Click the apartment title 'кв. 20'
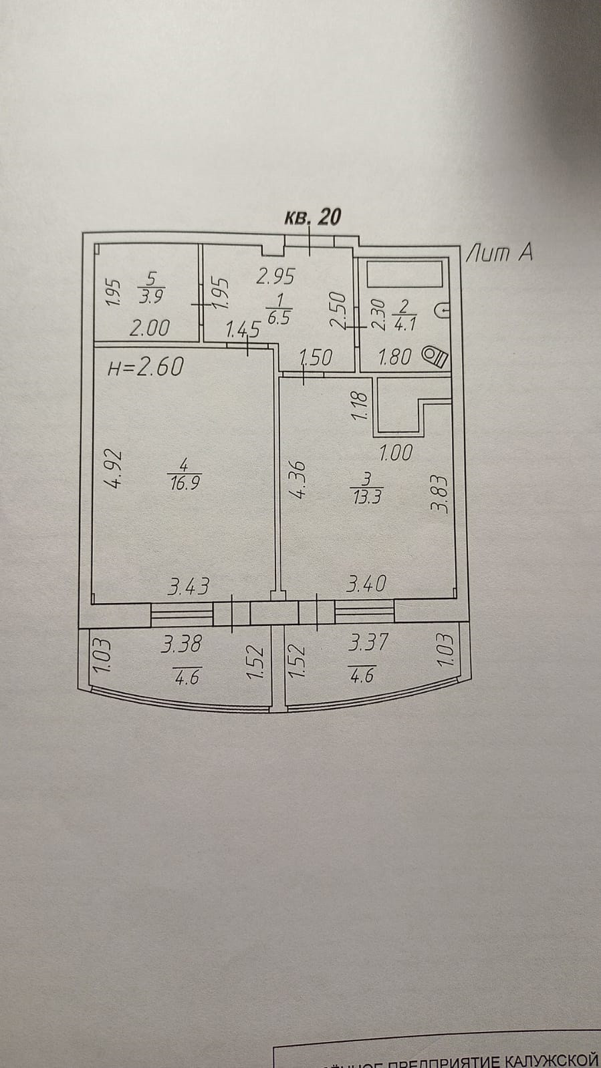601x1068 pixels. pos(313,217)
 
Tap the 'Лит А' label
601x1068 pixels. pos(499,252)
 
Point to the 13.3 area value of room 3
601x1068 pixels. pos(365,497)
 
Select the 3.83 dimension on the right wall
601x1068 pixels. pos(439,494)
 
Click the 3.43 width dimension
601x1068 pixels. pos(189,587)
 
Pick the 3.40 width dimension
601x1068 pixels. pos(366,584)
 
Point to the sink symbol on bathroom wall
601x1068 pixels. pos(444,311)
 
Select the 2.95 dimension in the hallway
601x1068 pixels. pos(275,276)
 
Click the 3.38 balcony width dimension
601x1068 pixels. pos(182,645)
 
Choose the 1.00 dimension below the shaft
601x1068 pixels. pos(395,454)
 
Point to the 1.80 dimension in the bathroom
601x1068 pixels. pos(395,357)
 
